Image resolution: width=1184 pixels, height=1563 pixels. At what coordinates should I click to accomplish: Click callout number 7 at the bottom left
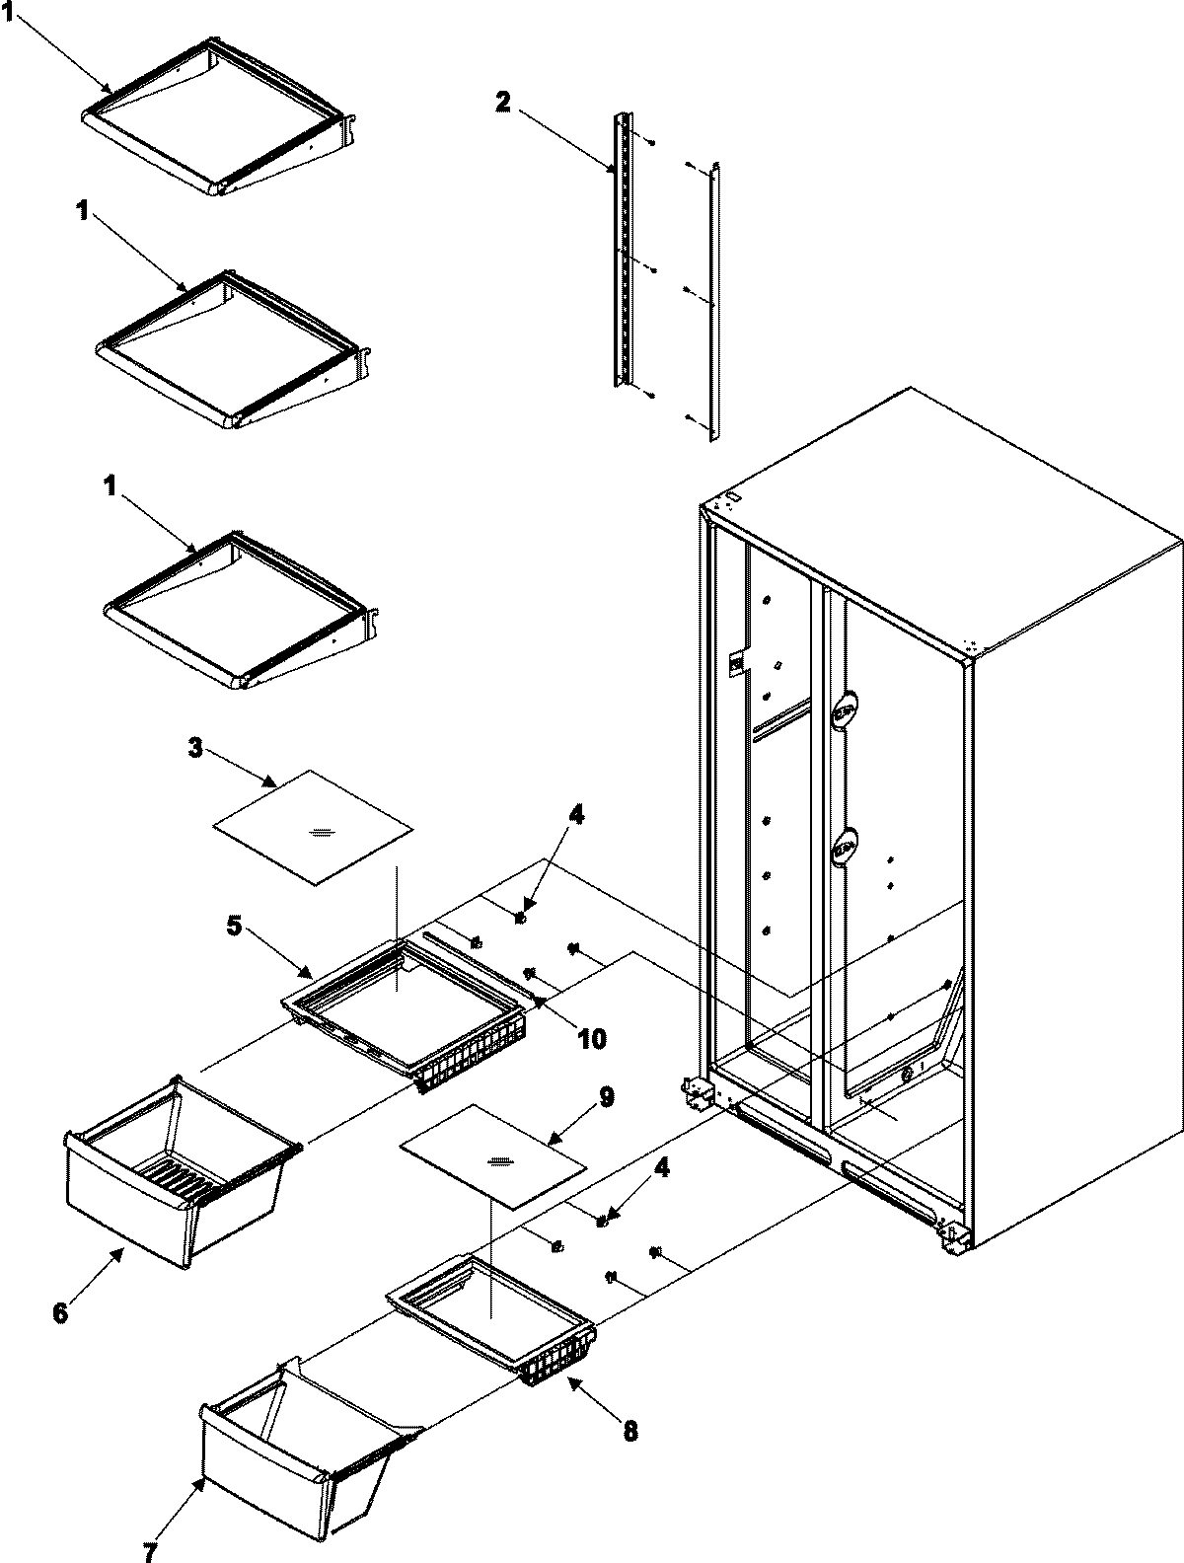point(149,1552)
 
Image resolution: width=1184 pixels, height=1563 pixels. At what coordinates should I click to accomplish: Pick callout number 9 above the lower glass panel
point(605,1096)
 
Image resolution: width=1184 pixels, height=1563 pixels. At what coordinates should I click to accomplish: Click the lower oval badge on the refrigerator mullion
point(845,847)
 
